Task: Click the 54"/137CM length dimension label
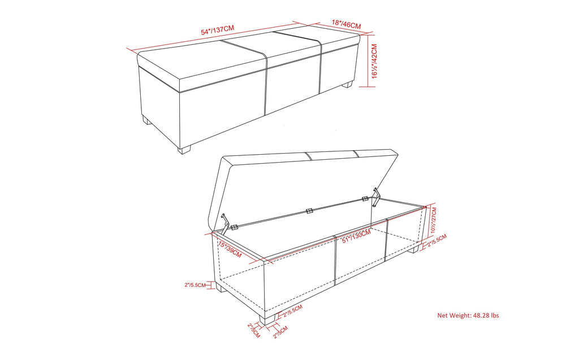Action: pos(217,29)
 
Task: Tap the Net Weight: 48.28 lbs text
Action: pos(468,316)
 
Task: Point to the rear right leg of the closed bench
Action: pos(348,85)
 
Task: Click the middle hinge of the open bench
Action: pos(309,211)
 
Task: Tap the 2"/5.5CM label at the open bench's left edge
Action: pos(199,285)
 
